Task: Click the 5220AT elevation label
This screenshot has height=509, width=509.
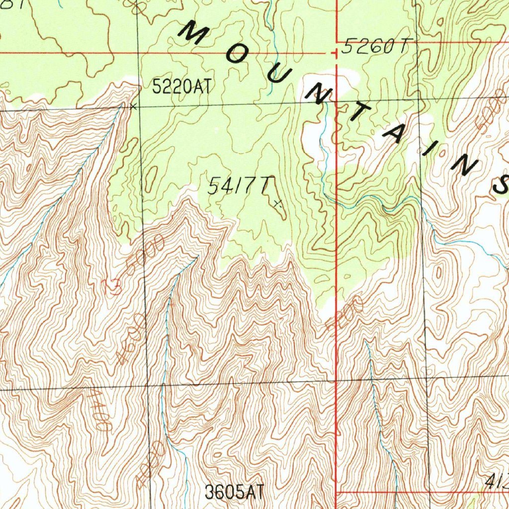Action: pos(181,87)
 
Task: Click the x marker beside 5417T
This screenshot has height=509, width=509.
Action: pos(278,203)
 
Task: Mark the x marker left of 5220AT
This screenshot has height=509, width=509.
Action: pos(132,106)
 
